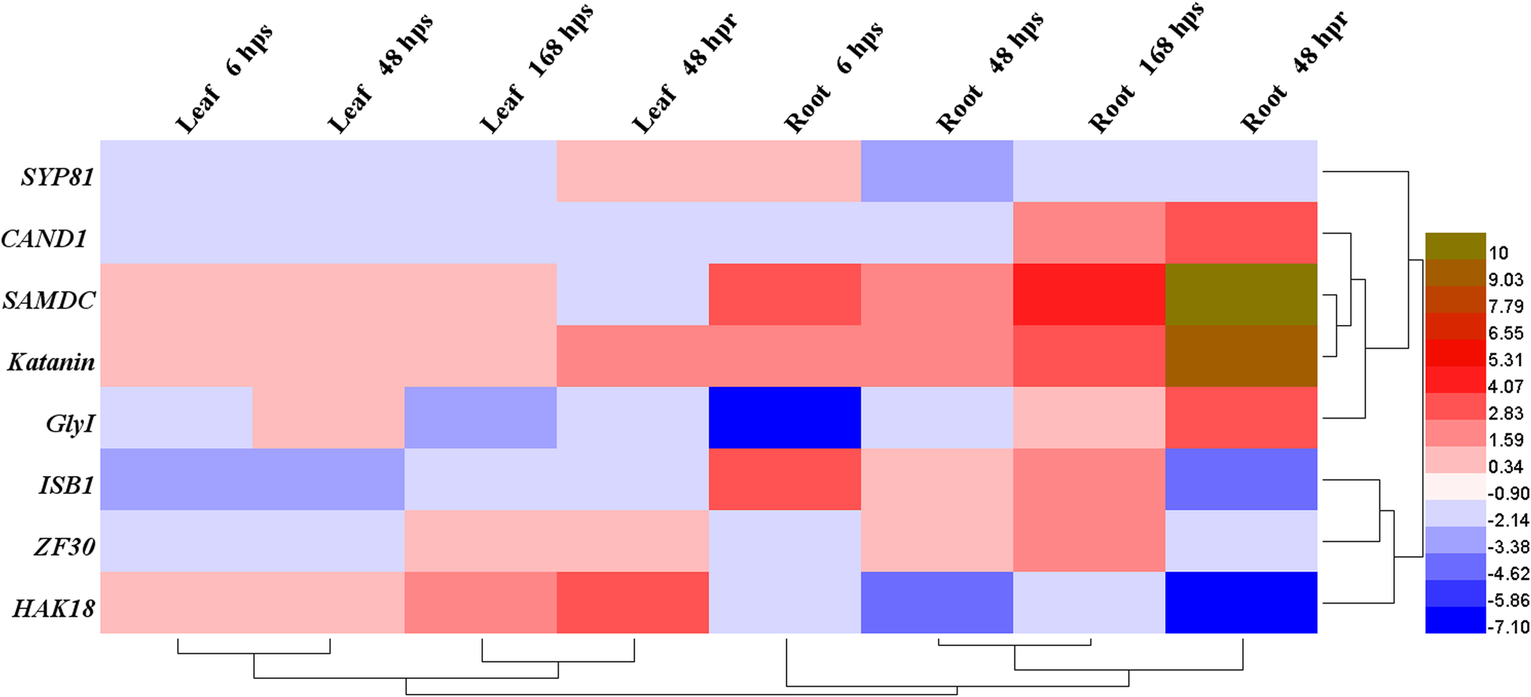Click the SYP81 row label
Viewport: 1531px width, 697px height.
point(57,177)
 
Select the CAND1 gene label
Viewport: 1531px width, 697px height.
point(44,238)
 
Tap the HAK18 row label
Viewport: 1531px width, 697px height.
point(54,608)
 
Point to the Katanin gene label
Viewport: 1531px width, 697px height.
point(51,362)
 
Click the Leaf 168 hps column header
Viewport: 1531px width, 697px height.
point(535,71)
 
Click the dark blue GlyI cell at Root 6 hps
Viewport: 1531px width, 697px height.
point(784,418)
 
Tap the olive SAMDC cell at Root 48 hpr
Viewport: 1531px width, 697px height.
point(1241,294)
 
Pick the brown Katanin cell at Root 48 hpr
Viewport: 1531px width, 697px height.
point(1241,356)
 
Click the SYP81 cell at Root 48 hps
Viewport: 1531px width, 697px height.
point(936,171)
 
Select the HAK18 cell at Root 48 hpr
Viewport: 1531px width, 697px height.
point(1241,603)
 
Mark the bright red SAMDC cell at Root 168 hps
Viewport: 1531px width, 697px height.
point(1089,294)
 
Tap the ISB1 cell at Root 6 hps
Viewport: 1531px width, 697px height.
point(784,479)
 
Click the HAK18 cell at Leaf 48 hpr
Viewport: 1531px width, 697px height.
point(633,603)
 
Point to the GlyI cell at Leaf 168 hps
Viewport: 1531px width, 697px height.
point(480,418)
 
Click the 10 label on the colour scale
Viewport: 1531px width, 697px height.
point(1498,253)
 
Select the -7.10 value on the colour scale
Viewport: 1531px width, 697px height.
point(1506,627)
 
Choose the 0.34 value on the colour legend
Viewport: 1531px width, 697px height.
point(1505,467)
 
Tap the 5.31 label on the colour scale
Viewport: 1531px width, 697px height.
point(1505,360)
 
